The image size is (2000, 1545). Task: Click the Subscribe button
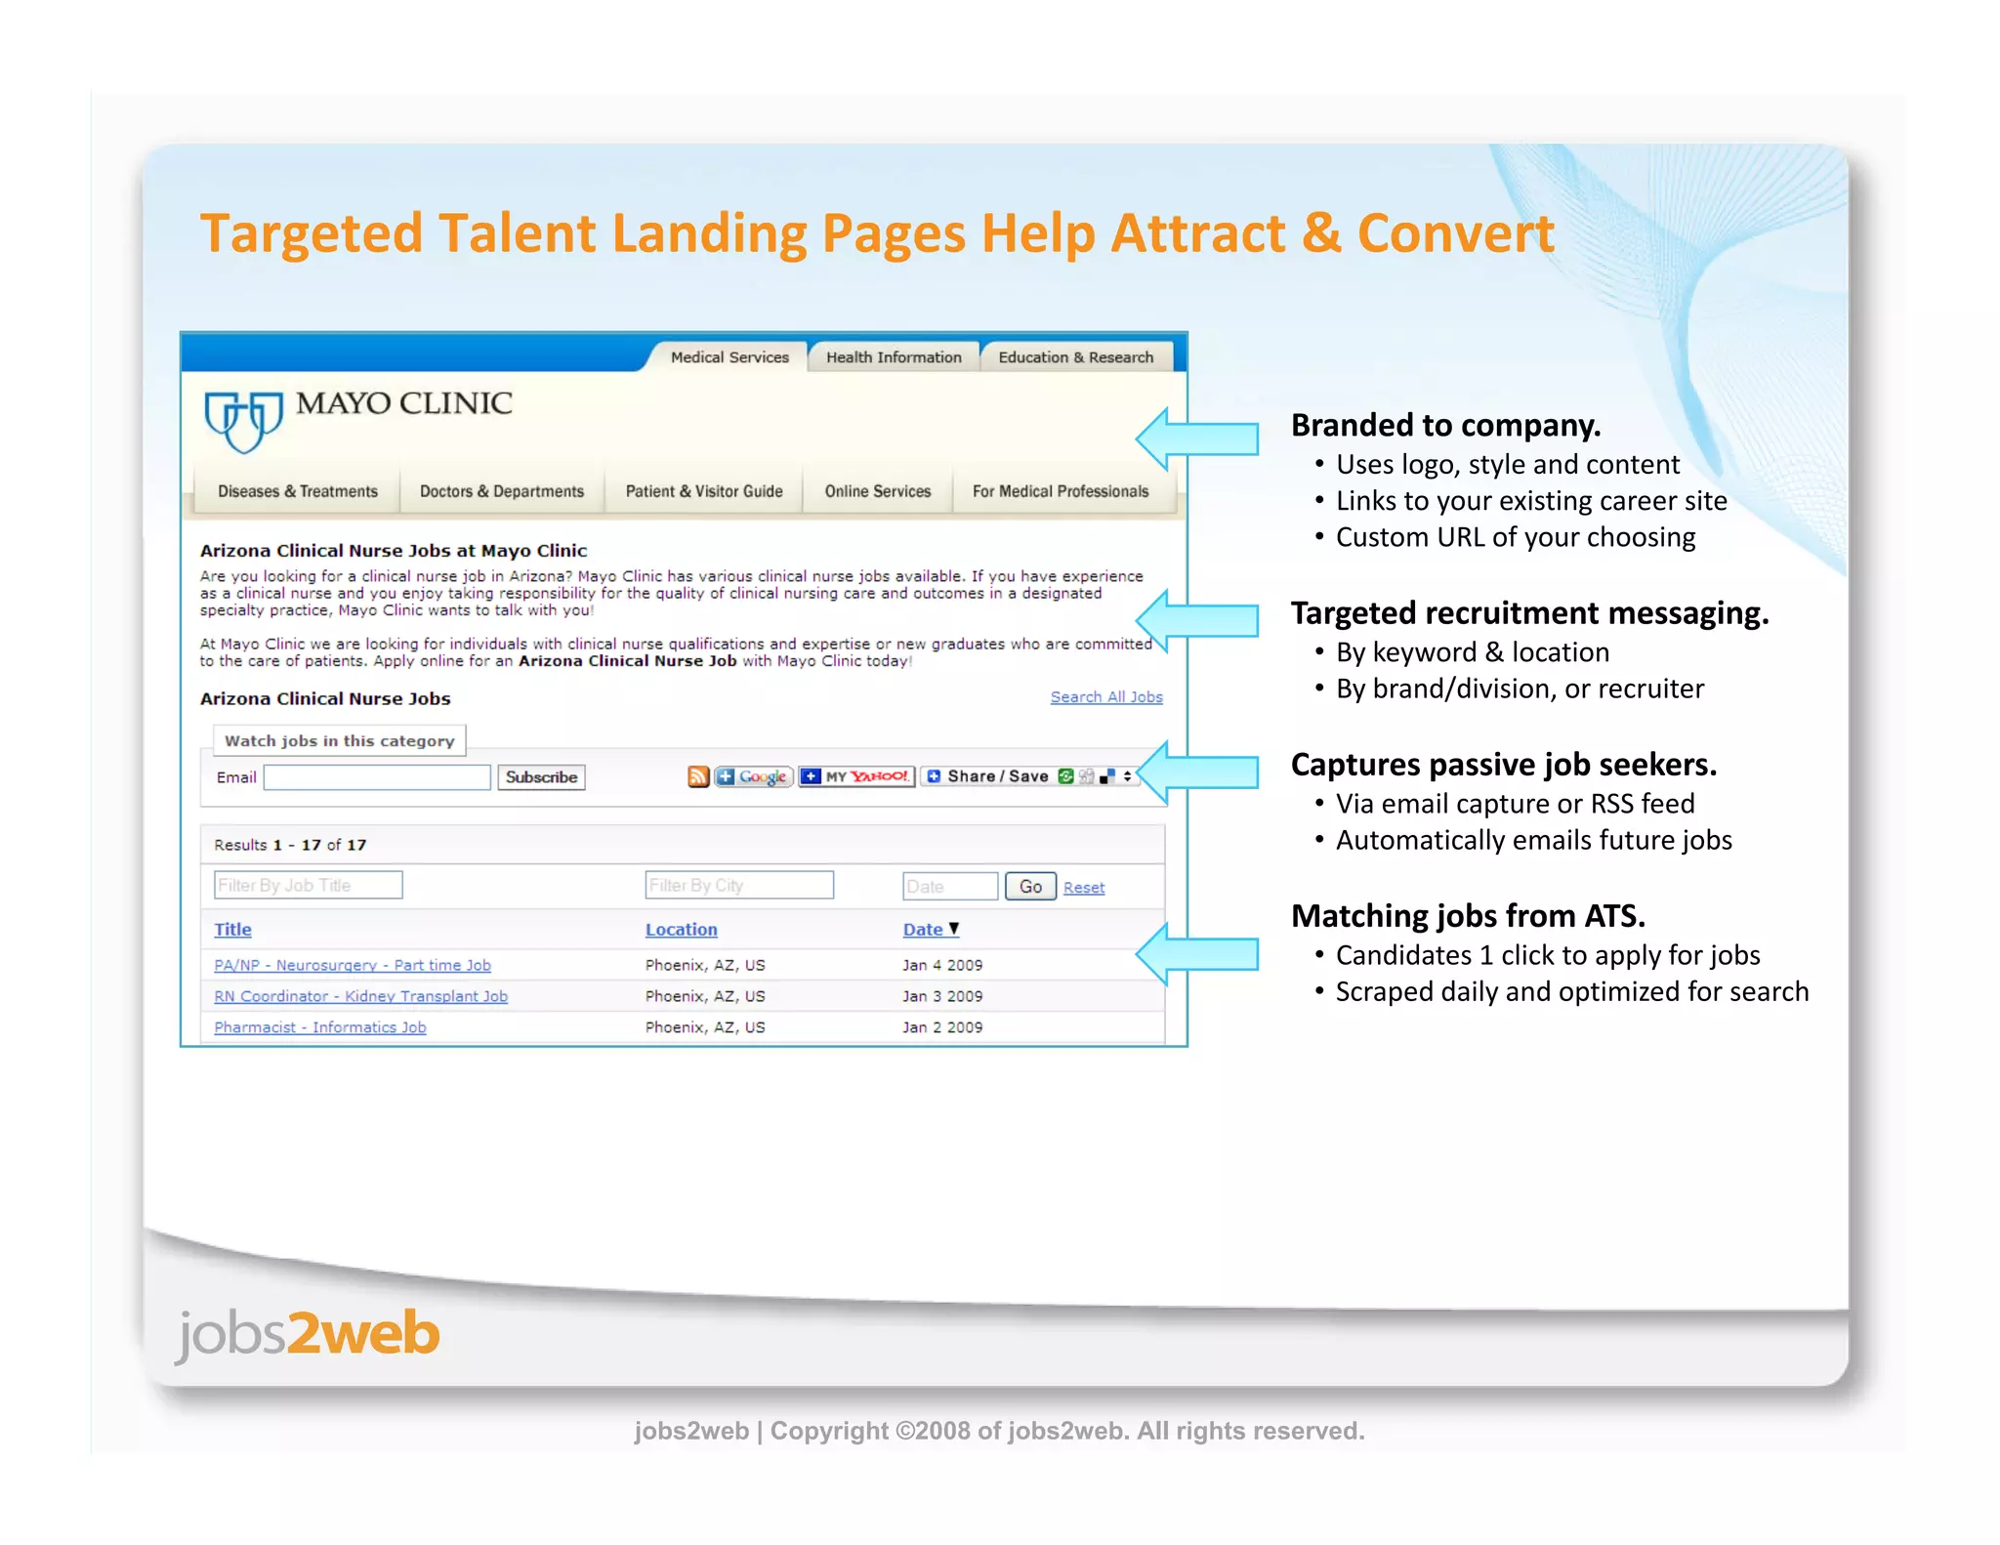coord(541,777)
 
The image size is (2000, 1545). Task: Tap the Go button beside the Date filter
coord(1030,887)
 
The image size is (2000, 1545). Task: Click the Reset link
coord(1083,888)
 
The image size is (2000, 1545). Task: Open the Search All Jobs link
coord(1105,697)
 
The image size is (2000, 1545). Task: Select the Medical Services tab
coord(729,357)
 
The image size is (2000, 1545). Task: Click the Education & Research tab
coord(1075,357)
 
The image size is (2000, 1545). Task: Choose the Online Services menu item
coord(877,491)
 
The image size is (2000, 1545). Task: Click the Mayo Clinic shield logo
coord(242,420)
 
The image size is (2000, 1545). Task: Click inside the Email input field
coord(377,777)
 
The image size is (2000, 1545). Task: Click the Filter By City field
coord(738,886)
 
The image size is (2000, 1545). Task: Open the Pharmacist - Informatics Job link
coord(319,1027)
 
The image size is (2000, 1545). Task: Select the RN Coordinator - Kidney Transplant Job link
coord(360,996)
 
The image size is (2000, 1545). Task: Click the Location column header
coord(681,930)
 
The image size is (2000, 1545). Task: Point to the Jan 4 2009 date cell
coord(941,965)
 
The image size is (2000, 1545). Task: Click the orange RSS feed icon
coord(698,776)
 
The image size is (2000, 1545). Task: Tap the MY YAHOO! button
coord(856,776)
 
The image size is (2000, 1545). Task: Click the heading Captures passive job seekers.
coord(1503,765)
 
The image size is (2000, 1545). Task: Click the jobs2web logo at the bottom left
coord(308,1334)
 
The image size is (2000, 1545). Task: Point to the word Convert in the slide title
coord(1455,234)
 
